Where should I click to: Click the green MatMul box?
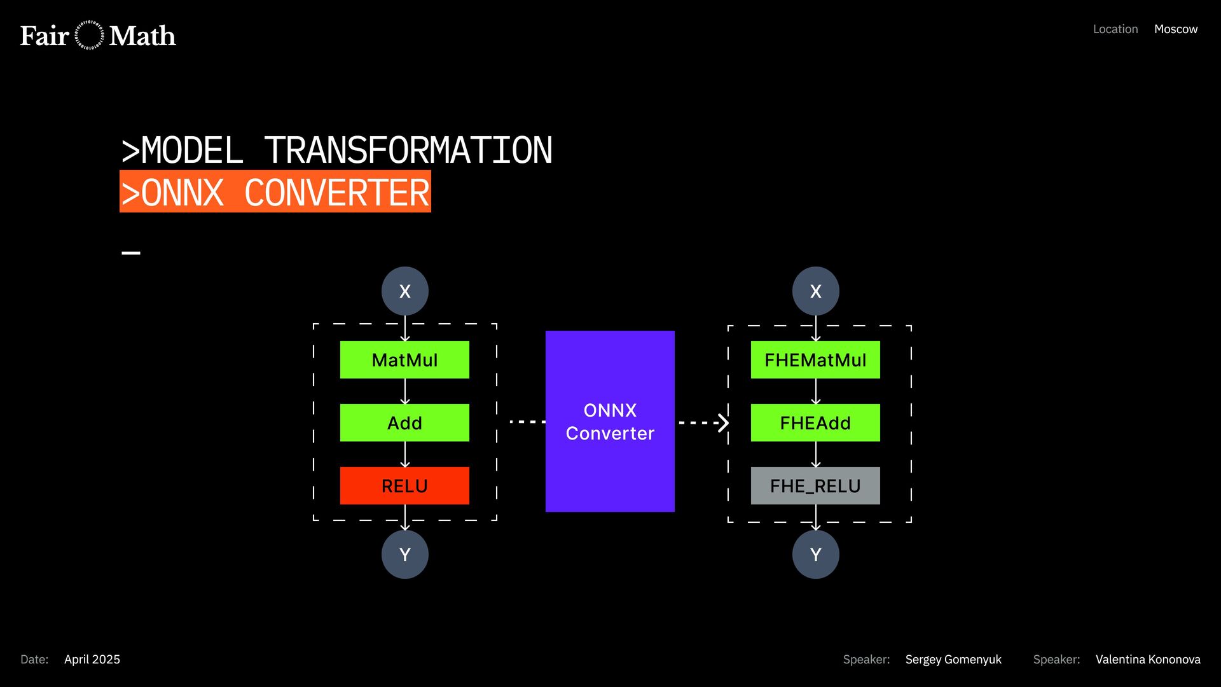pos(404,360)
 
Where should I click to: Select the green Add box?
pos(404,423)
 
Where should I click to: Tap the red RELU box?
pos(404,486)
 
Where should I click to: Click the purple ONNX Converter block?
pos(610,421)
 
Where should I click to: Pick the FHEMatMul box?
pos(815,360)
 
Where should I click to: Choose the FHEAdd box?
pos(815,423)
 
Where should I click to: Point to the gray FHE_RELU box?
pos(815,486)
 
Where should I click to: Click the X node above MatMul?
pos(405,291)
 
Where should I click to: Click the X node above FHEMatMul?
pos(816,291)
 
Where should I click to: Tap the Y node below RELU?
pos(405,555)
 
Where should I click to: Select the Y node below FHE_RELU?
pos(816,555)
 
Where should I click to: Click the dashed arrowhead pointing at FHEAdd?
pos(722,422)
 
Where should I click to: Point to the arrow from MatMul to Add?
pos(405,391)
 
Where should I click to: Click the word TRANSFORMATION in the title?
pos(408,151)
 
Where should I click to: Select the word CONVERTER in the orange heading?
pos(337,193)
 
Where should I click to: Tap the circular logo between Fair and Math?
pos(89,36)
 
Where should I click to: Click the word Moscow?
pos(1176,29)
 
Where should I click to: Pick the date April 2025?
pos(92,660)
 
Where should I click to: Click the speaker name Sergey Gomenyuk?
pos(953,660)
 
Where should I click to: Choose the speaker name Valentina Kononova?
pos(1148,660)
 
